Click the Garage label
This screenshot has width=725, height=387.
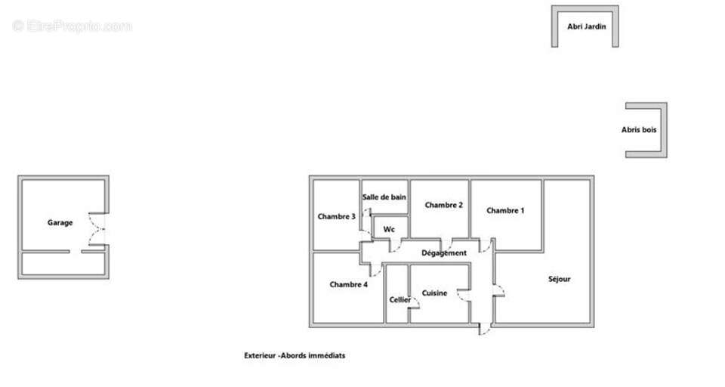point(60,223)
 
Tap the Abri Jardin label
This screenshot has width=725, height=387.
point(586,26)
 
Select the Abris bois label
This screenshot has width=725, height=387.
point(639,129)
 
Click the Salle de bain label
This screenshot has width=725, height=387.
point(384,197)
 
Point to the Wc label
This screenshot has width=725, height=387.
point(389,229)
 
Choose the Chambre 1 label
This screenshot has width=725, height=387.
point(505,210)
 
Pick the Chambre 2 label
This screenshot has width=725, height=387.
point(444,205)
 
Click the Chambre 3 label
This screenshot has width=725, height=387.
point(337,216)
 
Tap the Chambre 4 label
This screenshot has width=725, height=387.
point(349,284)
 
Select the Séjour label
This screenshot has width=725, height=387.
point(560,279)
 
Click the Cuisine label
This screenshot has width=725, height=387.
point(435,293)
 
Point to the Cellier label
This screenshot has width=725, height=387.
point(400,299)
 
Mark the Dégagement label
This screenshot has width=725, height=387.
point(444,252)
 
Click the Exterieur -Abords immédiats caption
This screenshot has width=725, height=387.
point(295,355)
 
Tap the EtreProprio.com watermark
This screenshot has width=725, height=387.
point(72,26)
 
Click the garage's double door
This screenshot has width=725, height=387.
point(97,229)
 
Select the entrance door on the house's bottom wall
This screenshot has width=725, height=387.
point(484,329)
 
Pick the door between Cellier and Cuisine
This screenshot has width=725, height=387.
point(414,303)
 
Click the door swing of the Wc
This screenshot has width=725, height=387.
point(395,246)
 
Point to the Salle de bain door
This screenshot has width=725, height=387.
point(366,213)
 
